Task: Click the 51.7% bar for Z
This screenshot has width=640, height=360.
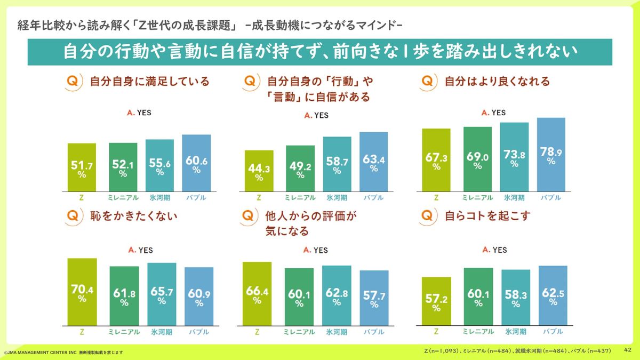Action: coord(82,167)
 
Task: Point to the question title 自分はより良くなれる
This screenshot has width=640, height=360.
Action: coord(497,82)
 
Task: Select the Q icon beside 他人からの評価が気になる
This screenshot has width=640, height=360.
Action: coord(249,217)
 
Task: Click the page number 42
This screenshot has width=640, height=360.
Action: coord(628,350)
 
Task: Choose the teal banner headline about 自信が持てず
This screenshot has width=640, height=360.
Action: coord(320,52)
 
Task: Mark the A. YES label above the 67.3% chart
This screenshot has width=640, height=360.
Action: coord(494,113)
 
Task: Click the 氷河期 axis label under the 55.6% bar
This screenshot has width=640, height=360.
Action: coord(159,197)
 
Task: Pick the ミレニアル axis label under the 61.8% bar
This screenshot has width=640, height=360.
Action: coord(124,332)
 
